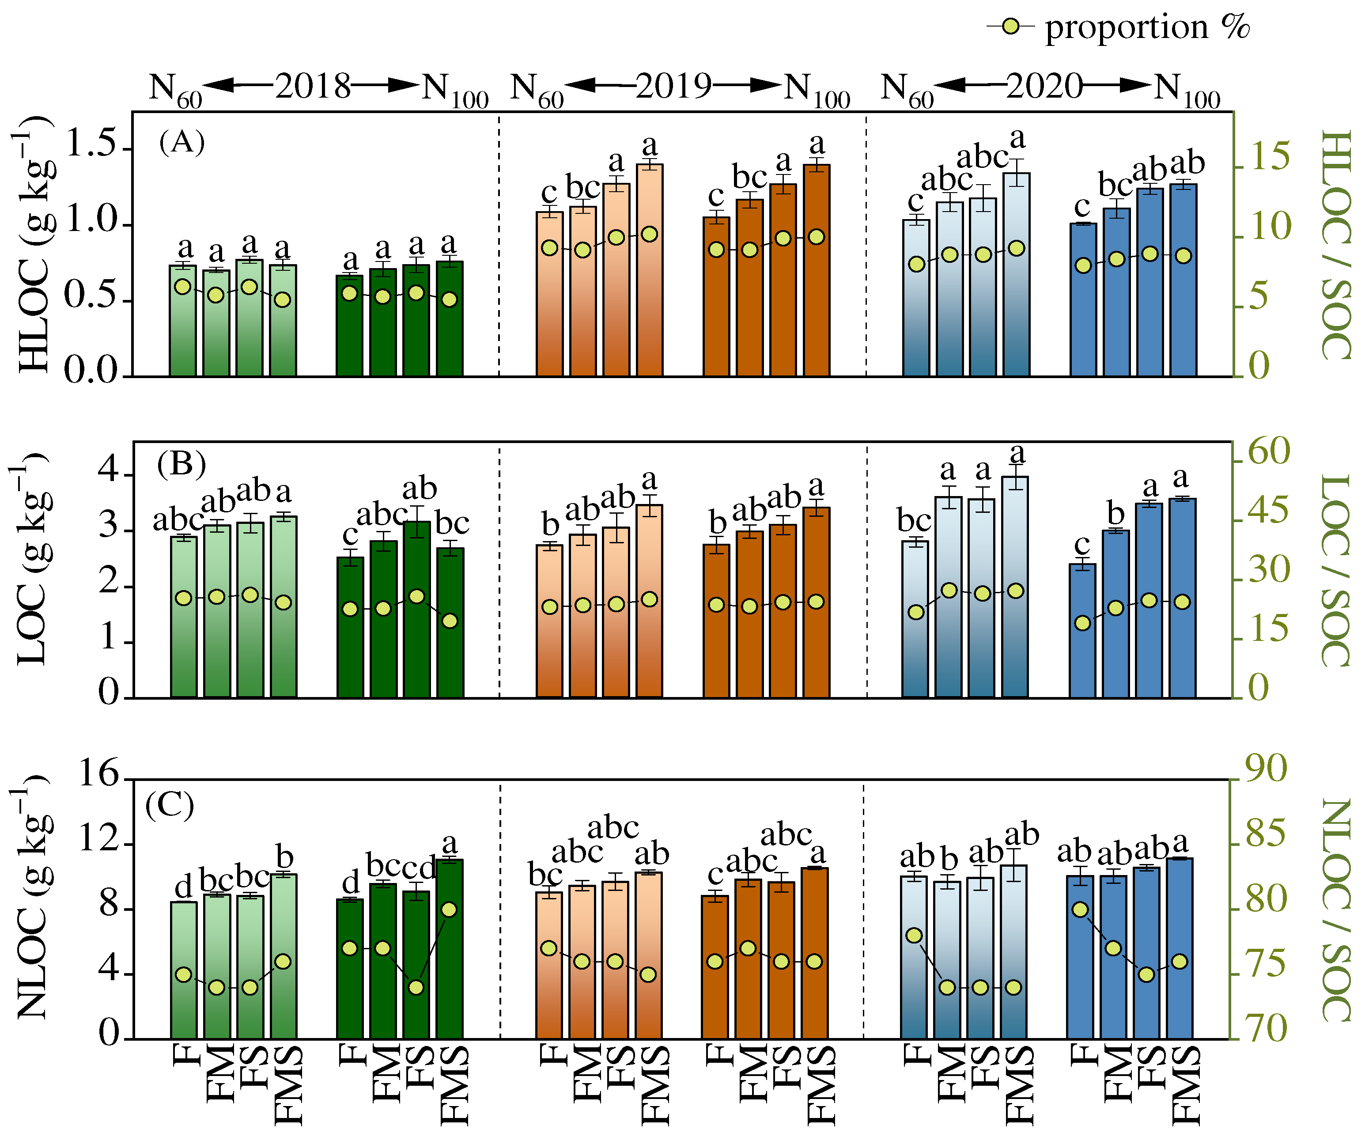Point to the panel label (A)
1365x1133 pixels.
coord(181,141)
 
